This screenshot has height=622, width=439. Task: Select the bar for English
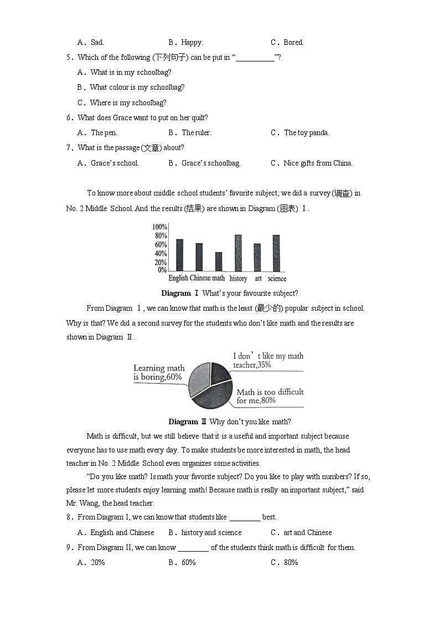pyautogui.click(x=179, y=255)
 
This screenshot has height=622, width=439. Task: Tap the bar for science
pyautogui.click(x=276, y=253)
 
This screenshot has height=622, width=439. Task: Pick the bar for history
pyautogui.click(x=238, y=253)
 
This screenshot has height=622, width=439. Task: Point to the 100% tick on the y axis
pyautogui.click(x=160, y=227)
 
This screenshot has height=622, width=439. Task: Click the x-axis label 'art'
pyautogui.click(x=258, y=279)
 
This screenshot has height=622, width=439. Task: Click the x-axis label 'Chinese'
pyautogui.click(x=200, y=278)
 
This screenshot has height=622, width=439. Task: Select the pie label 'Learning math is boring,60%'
pyautogui.click(x=159, y=373)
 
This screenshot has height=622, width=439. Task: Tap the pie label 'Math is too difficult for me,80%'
pyautogui.click(x=270, y=396)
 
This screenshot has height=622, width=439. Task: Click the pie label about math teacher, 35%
pyautogui.click(x=268, y=361)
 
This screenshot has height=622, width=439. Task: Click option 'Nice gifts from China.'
pyautogui.click(x=318, y=163)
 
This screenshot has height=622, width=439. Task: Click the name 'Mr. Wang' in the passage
pyautogui.click(x=81, y=503)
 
